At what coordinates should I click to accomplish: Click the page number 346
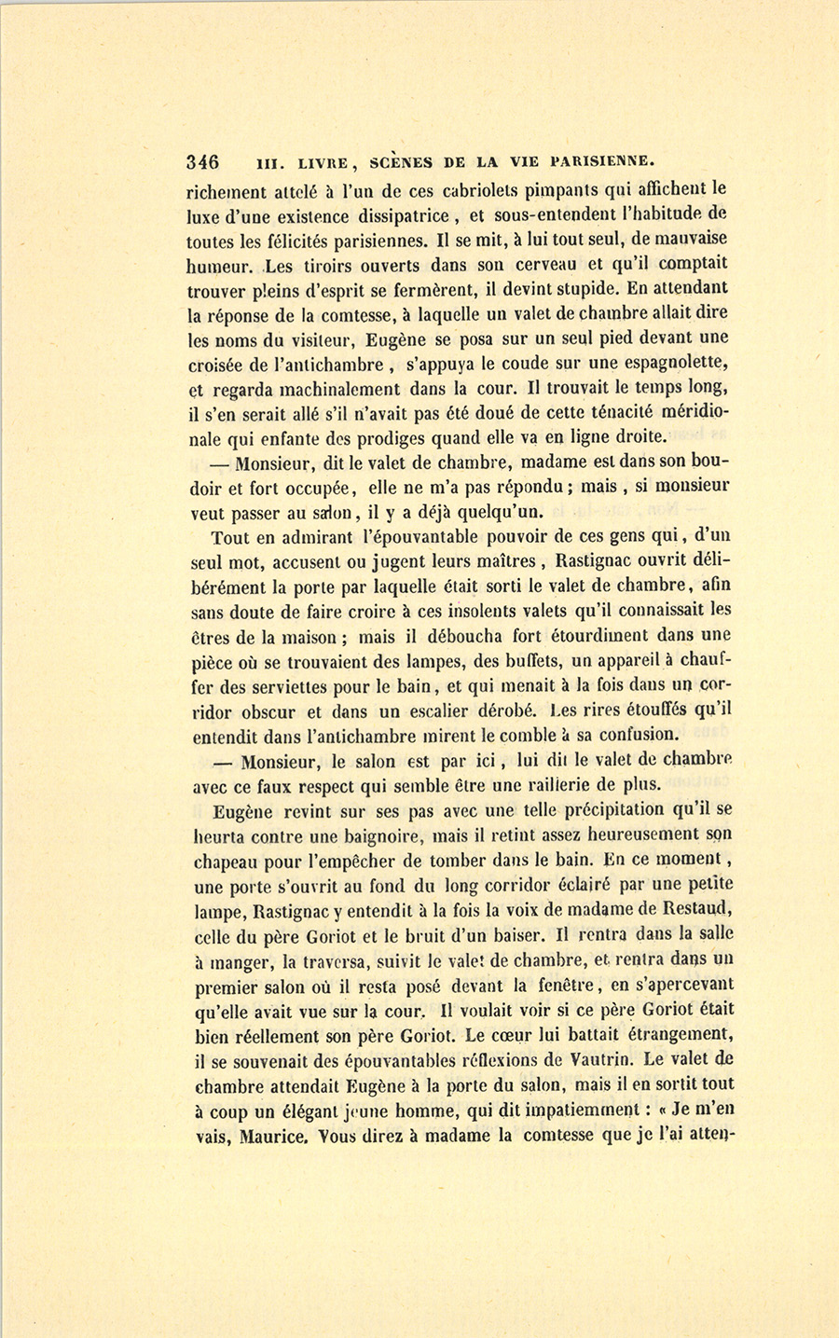[x=202, y=160]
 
